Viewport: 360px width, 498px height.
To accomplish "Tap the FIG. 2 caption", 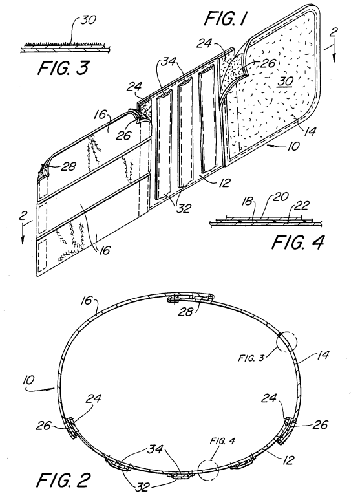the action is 64,480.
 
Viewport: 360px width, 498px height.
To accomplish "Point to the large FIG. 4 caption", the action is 298,243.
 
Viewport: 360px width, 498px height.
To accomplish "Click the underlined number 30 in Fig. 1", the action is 285,81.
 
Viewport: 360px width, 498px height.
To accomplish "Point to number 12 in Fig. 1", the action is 224,183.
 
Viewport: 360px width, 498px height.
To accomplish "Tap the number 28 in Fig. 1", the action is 69,166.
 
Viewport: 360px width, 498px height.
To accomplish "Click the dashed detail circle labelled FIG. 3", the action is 286,341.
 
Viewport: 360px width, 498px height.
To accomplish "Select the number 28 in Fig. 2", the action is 185,312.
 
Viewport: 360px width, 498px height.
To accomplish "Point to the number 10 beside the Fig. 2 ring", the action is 29,380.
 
